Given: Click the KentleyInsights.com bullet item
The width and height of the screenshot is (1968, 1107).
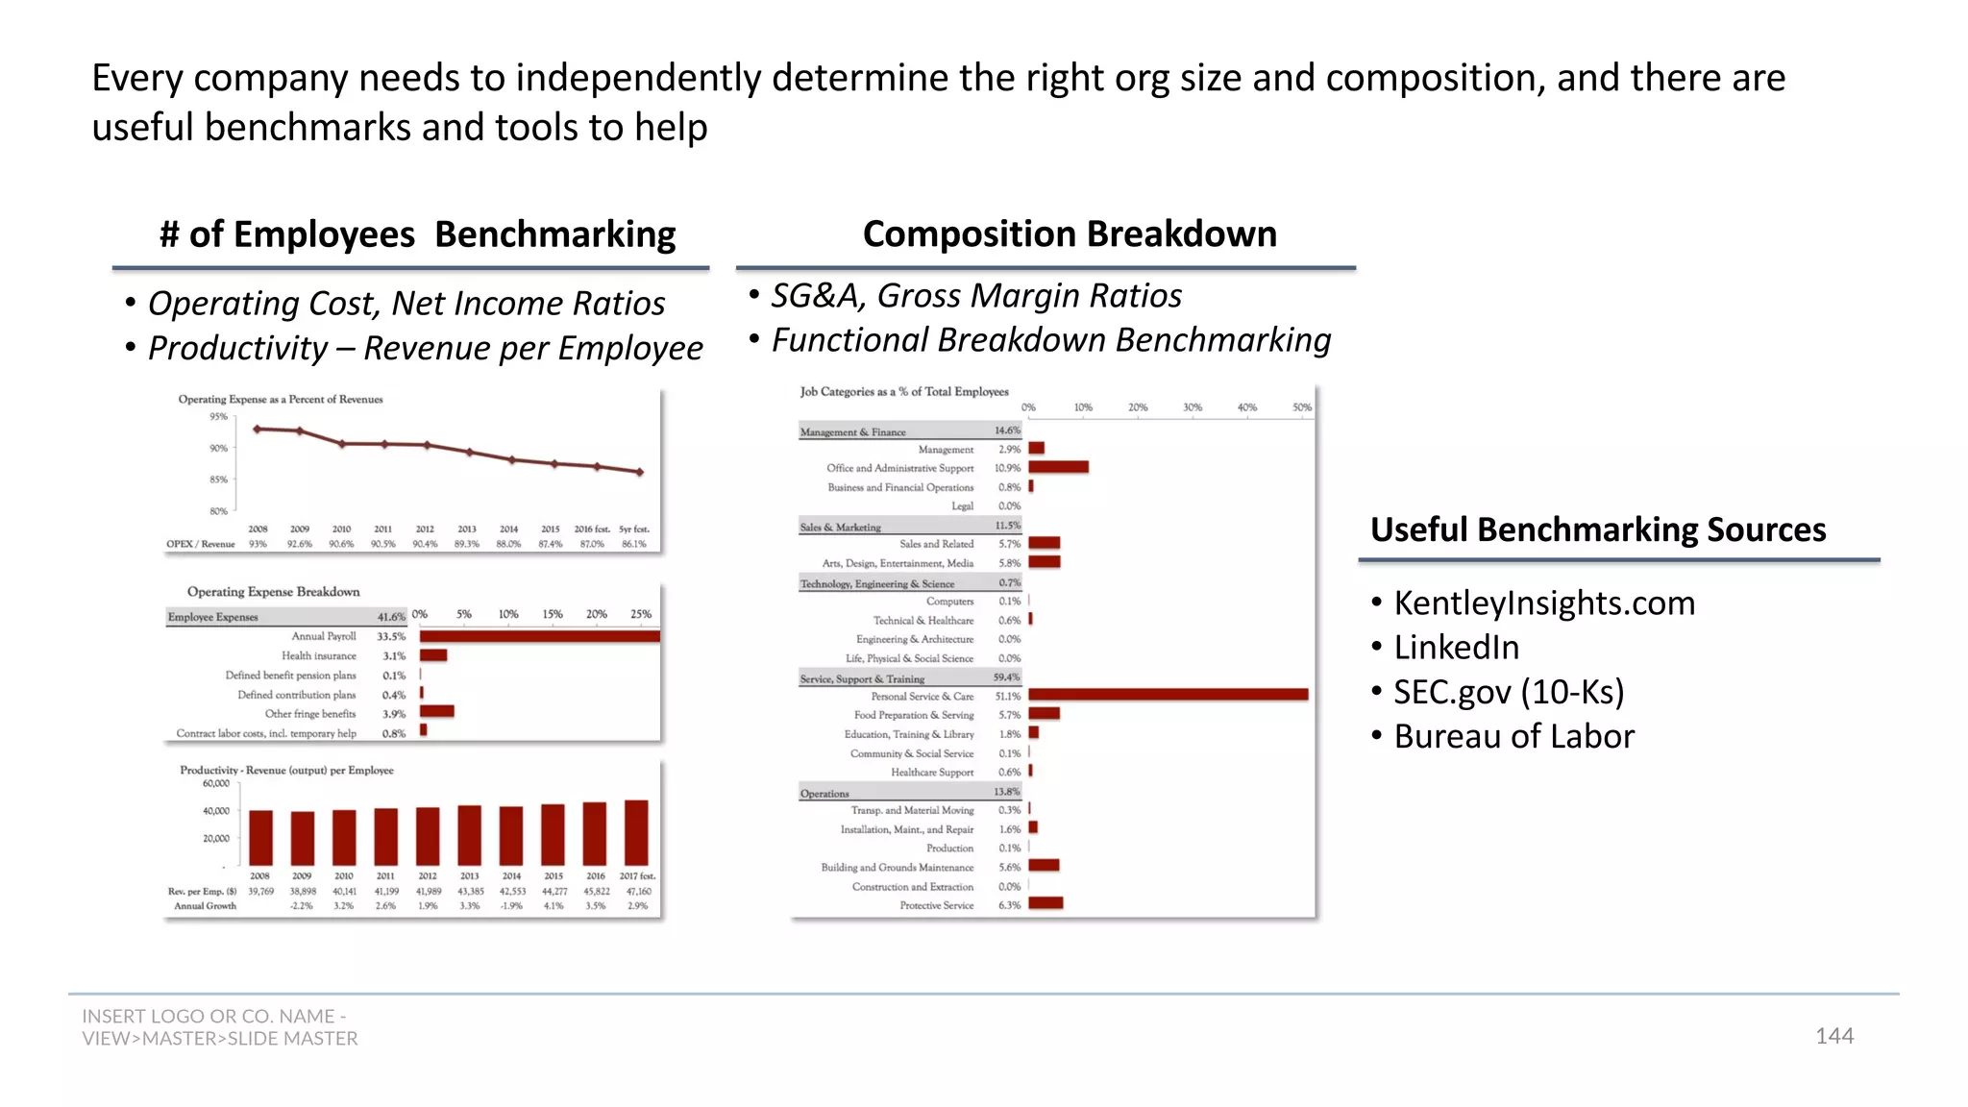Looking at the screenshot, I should (1543, 603).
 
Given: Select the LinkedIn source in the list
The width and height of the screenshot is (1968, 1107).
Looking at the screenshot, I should (1456, 648).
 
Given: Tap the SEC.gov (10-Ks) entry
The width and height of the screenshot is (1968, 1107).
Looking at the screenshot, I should (1508, 692).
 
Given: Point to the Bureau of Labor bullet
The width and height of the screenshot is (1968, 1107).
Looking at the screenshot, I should (1513, 736).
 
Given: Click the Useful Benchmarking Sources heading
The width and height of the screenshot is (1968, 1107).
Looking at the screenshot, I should (1597, 530).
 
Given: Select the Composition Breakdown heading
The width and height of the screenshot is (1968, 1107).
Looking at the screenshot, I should (1070, 234).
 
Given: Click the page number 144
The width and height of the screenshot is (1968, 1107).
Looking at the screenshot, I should (1833, 1036).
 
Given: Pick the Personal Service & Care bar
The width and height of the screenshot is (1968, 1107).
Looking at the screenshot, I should (1168, 695).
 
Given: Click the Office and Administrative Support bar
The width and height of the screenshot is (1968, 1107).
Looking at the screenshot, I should (1058, 467).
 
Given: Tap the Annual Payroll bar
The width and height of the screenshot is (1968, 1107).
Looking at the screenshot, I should (539, 636).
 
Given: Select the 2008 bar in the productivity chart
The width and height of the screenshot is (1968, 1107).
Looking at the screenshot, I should (260, 838).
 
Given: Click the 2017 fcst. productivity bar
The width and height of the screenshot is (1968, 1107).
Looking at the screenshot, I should (636, 832).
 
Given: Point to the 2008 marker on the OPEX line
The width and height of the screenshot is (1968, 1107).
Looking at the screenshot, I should (257, 429).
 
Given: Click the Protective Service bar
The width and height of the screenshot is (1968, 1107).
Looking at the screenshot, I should (1045, 903).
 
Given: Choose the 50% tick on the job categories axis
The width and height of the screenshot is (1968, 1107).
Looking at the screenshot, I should (1301, 407).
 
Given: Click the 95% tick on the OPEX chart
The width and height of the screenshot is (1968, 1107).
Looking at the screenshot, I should (219, 417).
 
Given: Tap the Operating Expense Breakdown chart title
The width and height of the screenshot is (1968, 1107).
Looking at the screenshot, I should (273, 592).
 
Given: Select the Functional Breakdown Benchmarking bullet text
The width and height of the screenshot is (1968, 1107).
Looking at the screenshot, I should (1050, 340).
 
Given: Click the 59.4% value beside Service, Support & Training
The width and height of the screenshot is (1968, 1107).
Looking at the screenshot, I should (1006, 677).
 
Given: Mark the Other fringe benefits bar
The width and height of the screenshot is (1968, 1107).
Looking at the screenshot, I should (436, 712).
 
